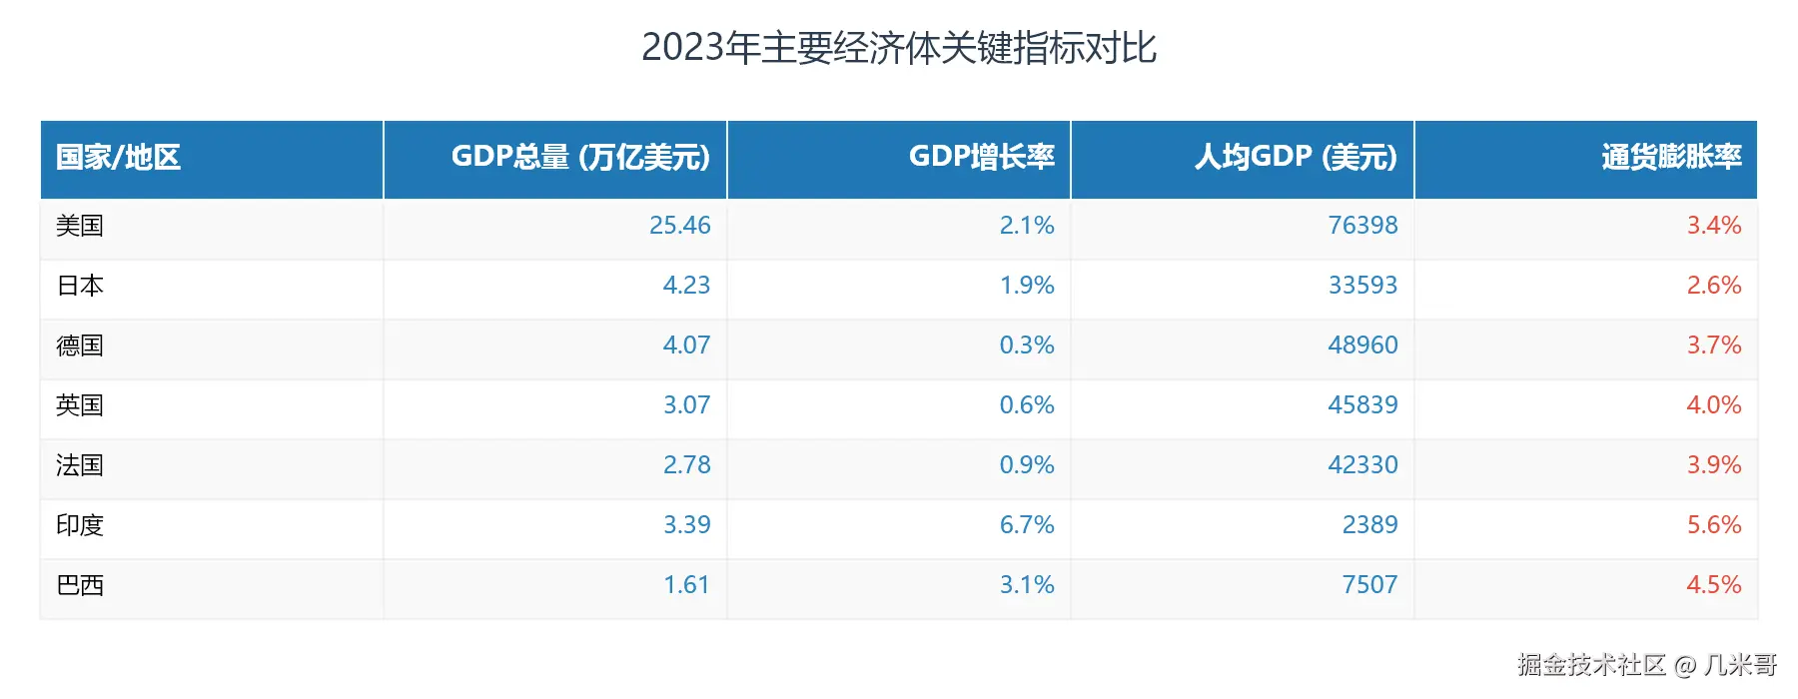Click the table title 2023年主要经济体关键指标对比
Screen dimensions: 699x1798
[x=898, y=48]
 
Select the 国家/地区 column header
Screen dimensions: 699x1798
[x=118, y=157]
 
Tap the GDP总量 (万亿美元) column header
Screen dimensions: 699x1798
[x=580, y=157]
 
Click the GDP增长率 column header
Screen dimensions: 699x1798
[x=981, y=157]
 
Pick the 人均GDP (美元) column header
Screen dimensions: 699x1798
[x=1296, y=157]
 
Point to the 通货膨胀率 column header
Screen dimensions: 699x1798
[x=1671, y=157]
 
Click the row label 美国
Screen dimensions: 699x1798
[x=80, y=226]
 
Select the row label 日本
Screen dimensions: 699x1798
[x=80, y=286]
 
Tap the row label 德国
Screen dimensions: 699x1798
[x=80, y=346]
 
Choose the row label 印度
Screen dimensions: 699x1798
[x=80, y=525]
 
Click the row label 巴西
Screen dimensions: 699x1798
[x=80, y=585]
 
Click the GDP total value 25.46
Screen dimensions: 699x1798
[x=679, y=226]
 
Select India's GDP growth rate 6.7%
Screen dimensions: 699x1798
[x=1027, y=525]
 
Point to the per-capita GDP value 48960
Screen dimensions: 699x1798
[x=1362, y=346]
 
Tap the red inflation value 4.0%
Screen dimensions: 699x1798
[x=1713, y=405]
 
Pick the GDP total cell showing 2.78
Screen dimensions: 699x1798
[x=686, y=465]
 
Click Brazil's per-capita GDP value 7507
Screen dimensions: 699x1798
[x=1369, y=585]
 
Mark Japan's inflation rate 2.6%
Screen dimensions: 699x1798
[x=1713, y=286]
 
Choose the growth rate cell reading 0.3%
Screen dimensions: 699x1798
[x=1027, y=346]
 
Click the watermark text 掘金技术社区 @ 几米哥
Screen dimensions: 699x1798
[x=1646, y=665]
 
